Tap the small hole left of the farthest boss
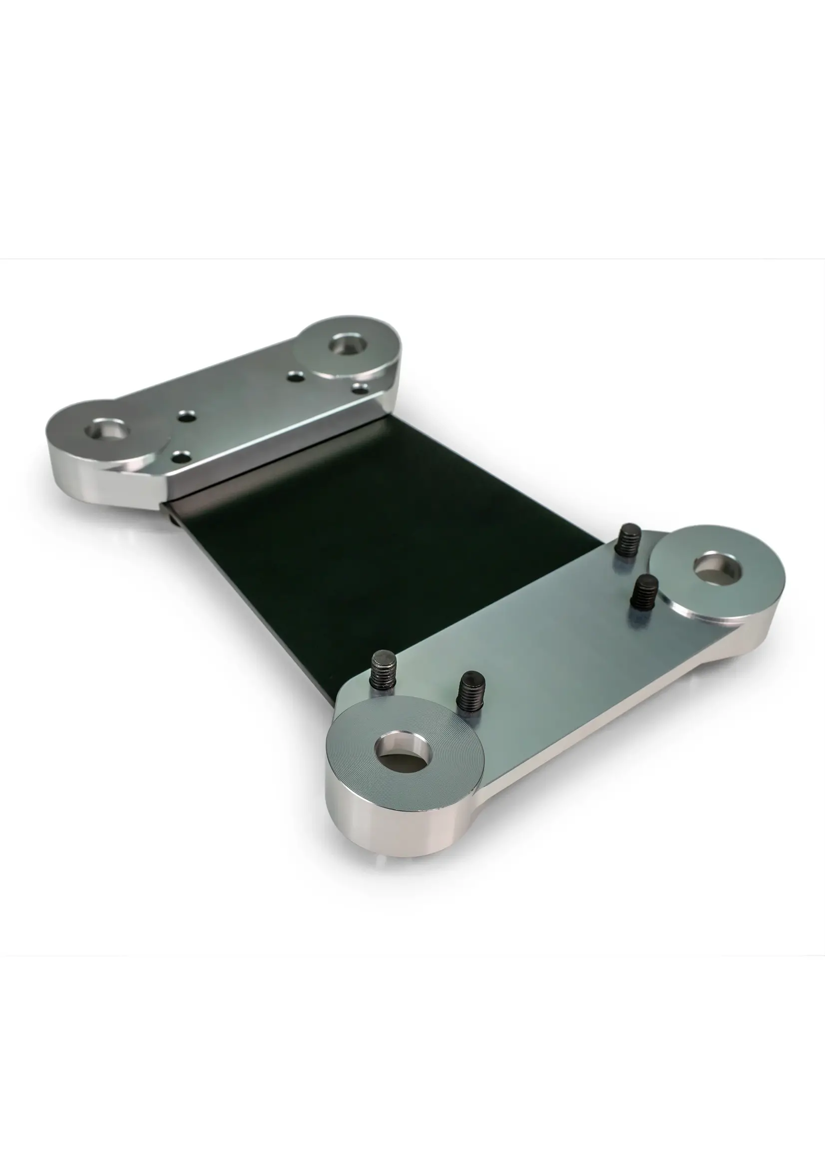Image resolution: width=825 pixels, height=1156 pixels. point(294,377)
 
